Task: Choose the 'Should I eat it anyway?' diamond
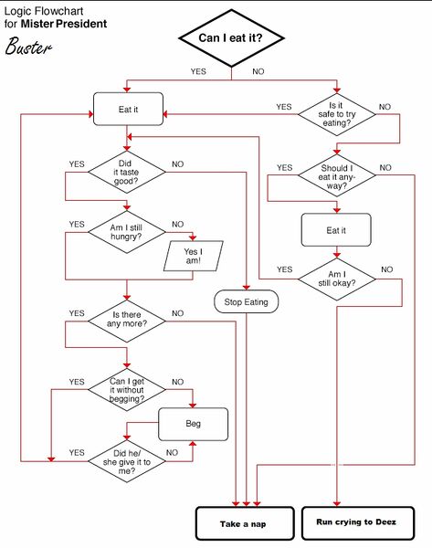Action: click(x=336, y=174)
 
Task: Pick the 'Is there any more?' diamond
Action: click(x=126, y=319)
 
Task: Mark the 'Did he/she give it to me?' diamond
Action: click(x=126, y=458)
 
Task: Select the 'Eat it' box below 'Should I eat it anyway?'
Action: click(x=336, y=230)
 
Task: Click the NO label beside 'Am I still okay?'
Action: click(x=386, y=269)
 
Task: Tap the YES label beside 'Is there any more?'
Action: click(x=76, y=314)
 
